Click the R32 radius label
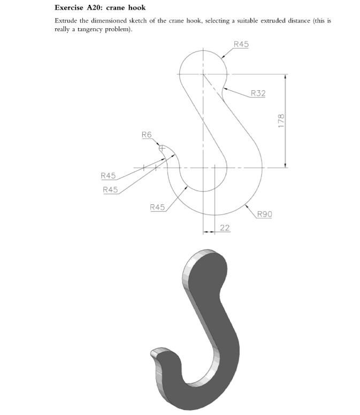[x=258, y=94]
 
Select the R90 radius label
[x=264, y=214]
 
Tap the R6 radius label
[x=147, y=134]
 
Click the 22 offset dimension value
[x=225, y=228]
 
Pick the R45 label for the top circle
[x=241, y=44]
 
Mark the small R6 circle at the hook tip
[x=162, y=149]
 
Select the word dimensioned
[x=109, y=21]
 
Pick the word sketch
[x=142, y=21]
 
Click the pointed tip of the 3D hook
[x=155, y=352]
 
